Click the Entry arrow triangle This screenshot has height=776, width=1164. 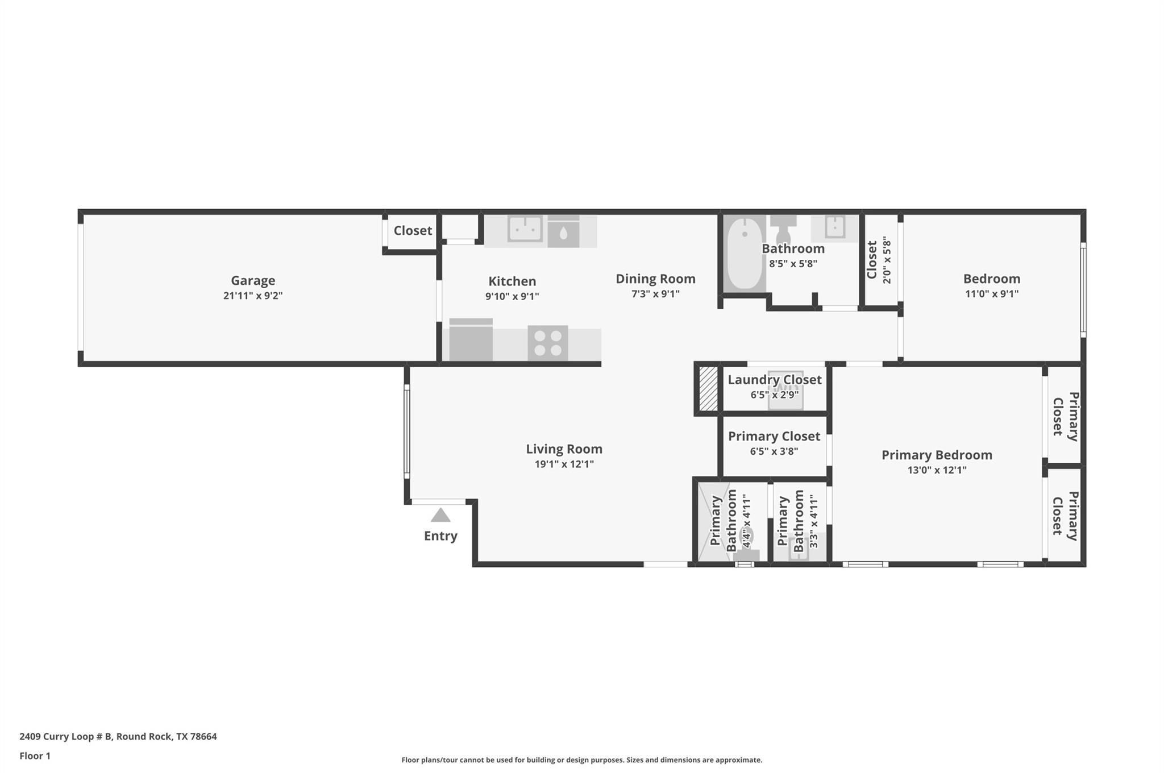tap(440, 515)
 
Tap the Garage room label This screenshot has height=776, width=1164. tap(253, 280)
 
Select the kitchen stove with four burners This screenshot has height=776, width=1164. tap(548, 343)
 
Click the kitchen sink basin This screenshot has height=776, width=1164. tap(525, 229)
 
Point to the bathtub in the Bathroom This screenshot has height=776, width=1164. tap(745, 253)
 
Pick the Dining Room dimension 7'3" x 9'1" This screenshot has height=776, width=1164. tap(655, 294)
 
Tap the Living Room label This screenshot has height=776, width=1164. tap(564, 449)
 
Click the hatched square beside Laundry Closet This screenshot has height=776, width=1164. tap(708, 389)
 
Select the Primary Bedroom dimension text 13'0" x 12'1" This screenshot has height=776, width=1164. tap(937, 470)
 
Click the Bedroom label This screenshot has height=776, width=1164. tap(992, 279)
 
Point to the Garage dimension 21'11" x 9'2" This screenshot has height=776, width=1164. tap(253, 296)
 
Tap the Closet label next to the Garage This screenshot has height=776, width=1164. tap(413, 230)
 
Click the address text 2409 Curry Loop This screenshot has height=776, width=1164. tap(57, 736)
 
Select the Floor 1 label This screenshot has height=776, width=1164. tap(35, 756)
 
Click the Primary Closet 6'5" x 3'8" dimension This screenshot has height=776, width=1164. tap(774, 451)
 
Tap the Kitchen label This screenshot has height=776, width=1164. tap(512, 281)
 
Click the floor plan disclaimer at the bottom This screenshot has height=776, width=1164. tap(582, 760)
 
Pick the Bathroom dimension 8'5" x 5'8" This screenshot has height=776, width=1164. tap(793, 264)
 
